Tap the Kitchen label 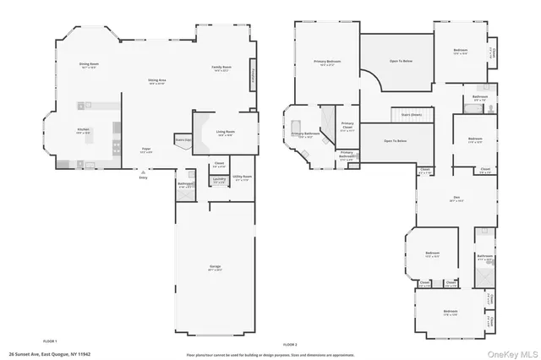[84, 106]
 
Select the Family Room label [222, 68]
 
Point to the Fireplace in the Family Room [252, 79]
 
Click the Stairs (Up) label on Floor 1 [183, 140]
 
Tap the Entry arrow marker [143, 176]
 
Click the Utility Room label [243, 178]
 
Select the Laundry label [218, 180]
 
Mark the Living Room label [225, 133]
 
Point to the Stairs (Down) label [412, 113]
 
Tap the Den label [456, 199]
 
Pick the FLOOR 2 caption [290, 345]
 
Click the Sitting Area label [157, 82]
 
